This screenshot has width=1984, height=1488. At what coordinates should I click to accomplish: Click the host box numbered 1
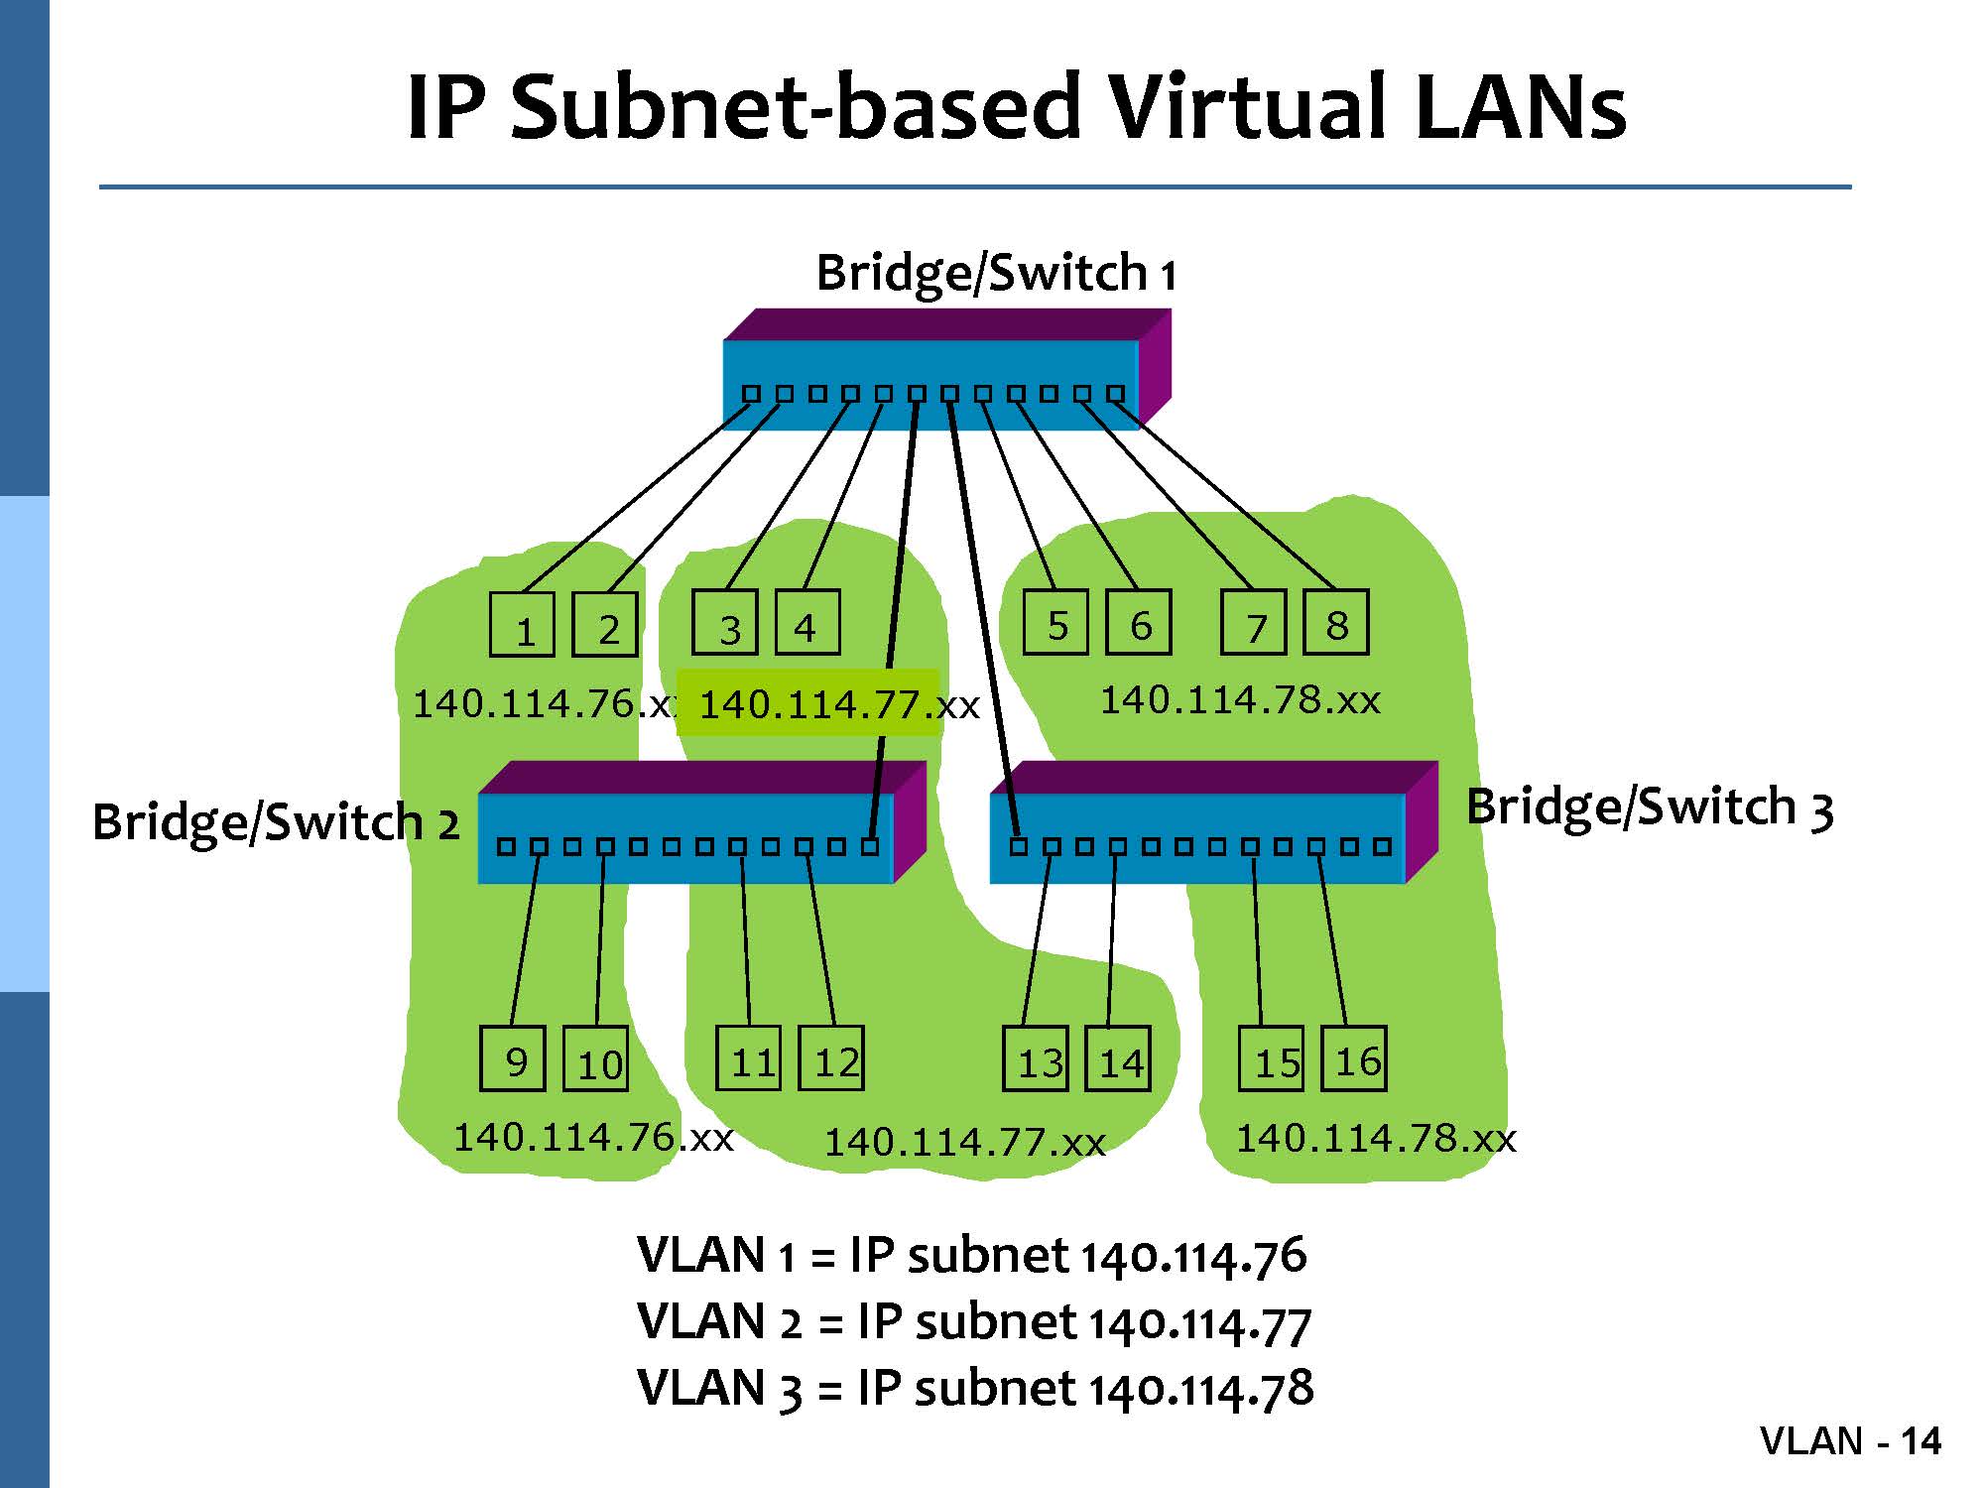click(523, 623)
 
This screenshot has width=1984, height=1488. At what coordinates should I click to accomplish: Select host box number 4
click(806, 622)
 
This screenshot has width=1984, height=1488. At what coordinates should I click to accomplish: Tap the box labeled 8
click(1335, 622)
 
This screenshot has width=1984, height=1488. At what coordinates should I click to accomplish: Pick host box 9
click(512, 1058)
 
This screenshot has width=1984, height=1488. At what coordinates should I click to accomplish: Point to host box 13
click(1036, 1058)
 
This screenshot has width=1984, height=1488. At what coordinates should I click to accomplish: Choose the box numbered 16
click(1354, 1058)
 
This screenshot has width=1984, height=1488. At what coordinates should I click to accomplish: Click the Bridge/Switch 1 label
click(995, 272)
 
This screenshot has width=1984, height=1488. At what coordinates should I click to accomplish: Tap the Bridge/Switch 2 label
click(276, 821)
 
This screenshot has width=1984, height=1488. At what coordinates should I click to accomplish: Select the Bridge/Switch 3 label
click(1649, 806)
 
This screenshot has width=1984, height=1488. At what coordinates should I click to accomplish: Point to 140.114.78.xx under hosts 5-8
click(1240, 700)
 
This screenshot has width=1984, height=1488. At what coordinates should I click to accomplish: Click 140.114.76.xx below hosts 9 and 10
click(593, 1137)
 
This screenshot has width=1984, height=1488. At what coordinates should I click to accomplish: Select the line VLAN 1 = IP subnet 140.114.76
click(971, 1255)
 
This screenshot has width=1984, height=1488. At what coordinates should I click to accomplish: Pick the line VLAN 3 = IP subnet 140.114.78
click(975, 1388)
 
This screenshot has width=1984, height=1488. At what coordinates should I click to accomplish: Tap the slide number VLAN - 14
click(1850, 1440)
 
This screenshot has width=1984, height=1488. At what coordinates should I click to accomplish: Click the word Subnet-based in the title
click(794, 106)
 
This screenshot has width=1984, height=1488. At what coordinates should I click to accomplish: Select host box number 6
click(1139, 622)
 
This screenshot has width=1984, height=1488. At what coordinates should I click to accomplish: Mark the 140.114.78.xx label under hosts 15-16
click(1376, 1138)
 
